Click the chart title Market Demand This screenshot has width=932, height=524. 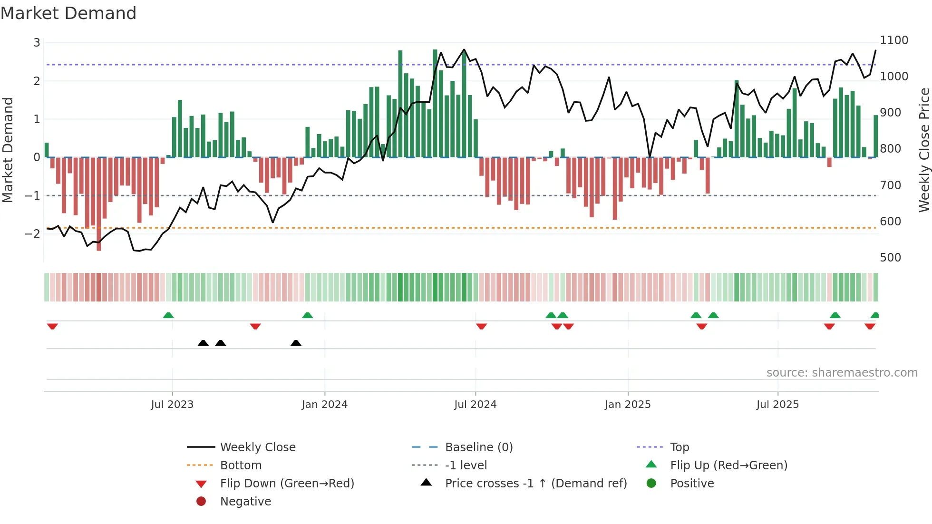tap(68, 13)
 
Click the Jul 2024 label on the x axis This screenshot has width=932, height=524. tap(475, 405)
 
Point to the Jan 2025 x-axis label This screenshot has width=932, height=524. tap(627, 405)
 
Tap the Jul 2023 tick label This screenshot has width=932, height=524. tap(172, 405)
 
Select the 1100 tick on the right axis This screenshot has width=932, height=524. tap(893, 40)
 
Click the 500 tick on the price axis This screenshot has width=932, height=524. tap(890, 258)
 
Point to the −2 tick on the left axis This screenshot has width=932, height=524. tap(32, 233)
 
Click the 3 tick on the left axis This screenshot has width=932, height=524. tap(37, 43)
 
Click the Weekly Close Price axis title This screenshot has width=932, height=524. tap(924, 150)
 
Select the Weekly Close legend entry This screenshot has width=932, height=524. tap(257, 447)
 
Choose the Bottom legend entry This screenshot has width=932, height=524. tap(241, 466)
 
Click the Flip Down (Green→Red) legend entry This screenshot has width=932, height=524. tap(287, 484)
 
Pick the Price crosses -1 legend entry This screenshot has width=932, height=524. tap(535, 484)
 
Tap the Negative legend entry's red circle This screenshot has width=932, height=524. tap(201, 502)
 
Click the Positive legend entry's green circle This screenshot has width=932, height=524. tap(651, 484)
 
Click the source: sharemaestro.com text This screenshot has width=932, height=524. tap(842, 373)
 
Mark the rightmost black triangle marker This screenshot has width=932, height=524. tap(296, 343)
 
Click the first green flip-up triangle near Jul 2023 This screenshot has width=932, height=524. tap(168, 315)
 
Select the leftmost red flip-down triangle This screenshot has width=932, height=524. tap(52, 326)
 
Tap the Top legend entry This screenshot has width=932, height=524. tap(679, 447)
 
